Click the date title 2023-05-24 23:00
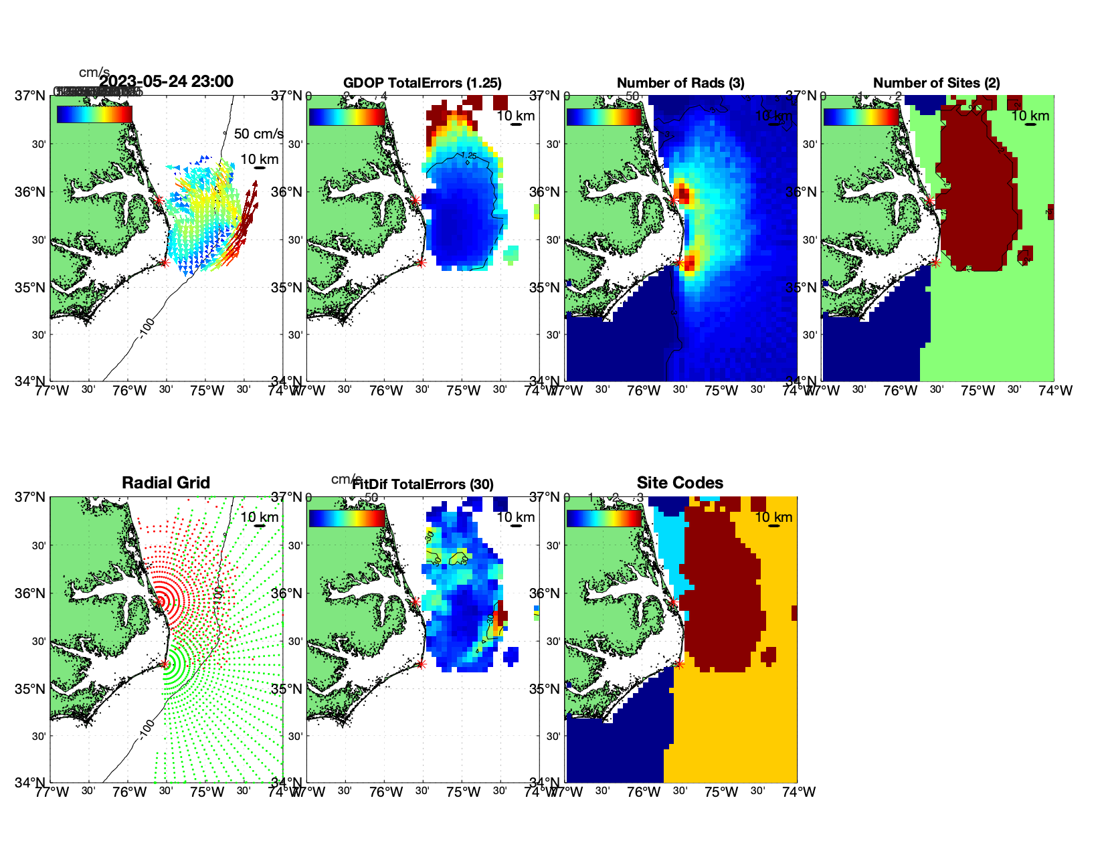(166, 82)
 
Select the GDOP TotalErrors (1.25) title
(422, 83)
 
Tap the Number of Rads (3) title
(680, 83)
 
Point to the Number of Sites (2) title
(937, 83)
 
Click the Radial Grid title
(166, 483)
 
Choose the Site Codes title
(680, 483)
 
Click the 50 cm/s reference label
(258, 134)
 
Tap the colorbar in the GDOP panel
(347, 116)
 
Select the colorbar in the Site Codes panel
(604, 518)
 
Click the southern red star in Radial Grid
(165, 664)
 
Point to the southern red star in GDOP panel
(421, 262)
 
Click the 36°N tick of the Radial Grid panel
(32, 593)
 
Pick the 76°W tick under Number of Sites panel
(900, 391)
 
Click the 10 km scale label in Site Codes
(773, 517)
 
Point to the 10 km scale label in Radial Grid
(259, 517)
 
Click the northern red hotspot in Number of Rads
(682, 194)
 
